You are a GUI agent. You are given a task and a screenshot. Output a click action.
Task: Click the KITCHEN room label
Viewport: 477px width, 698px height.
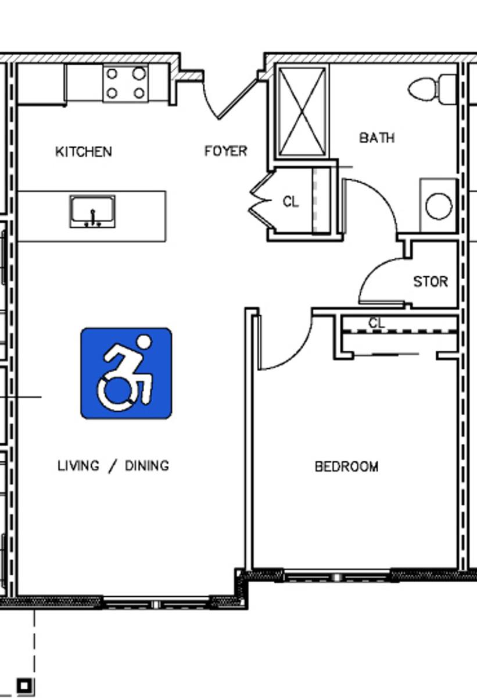[84, 152]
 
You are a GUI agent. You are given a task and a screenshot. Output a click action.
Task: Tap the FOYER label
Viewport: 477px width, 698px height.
[226, 151]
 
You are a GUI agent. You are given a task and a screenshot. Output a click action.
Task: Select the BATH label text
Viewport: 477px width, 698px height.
[377, 138]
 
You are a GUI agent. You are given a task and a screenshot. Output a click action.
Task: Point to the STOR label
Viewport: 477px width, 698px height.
[431, 282]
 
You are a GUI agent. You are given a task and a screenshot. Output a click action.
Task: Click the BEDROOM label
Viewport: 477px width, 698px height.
[347, 466]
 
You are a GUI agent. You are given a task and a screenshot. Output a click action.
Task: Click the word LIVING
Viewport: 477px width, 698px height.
[78, 466]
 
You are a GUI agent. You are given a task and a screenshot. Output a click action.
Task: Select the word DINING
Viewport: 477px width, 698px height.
[147, 466]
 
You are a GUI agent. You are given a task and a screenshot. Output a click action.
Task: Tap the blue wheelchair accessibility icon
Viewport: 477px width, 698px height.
[126, 373]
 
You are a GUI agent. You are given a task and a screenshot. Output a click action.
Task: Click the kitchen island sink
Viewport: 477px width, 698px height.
[92, 211]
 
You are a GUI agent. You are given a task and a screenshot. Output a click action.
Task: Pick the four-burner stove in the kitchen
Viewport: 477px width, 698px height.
[125, 83]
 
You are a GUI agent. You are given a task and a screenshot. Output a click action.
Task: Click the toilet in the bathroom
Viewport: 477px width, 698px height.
[432, 89]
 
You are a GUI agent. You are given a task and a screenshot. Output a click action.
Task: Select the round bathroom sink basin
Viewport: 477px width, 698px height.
[439, 206]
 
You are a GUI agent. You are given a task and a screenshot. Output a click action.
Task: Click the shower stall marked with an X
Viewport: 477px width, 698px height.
[302, 112]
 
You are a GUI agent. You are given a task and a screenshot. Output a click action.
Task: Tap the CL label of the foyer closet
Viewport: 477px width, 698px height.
[291, 202]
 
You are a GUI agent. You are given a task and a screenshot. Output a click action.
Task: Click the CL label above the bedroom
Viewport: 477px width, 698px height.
[376, 323]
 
